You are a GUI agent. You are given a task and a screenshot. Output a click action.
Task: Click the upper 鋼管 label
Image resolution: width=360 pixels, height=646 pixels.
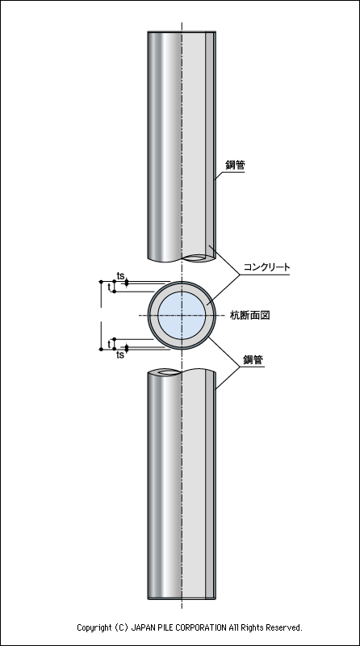235,166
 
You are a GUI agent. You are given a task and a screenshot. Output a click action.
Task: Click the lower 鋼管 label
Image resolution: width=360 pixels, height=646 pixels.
253,359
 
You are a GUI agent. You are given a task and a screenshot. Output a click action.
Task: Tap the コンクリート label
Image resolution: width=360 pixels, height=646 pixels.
266,267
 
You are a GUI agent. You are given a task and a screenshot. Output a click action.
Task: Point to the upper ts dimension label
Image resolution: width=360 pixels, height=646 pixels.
121,276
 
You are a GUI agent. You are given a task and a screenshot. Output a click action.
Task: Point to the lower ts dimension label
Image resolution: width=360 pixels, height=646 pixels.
119,354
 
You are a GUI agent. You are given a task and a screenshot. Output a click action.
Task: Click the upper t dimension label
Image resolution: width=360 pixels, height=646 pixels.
109,287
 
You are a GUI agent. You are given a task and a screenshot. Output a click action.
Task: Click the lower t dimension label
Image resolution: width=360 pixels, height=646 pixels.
109,344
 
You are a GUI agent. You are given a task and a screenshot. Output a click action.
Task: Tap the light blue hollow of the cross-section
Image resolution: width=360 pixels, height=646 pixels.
182,316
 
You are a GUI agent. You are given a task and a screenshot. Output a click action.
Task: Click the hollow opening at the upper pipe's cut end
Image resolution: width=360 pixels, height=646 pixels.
196,258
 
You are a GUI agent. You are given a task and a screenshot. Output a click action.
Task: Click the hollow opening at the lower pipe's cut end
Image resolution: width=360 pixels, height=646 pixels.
167,372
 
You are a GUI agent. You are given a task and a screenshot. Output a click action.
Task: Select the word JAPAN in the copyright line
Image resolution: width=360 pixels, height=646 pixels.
142,627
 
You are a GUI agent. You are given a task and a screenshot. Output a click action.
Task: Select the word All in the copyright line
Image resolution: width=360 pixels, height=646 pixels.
233,627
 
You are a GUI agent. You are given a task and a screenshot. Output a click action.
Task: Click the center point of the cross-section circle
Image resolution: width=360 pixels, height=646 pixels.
182,316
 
